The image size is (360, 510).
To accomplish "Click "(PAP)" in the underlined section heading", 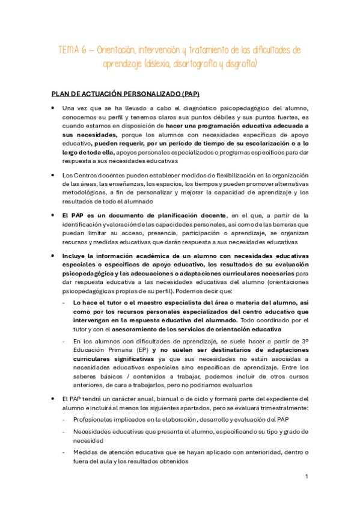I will [x=188, y=94].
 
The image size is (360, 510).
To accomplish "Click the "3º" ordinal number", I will [x=305, y=340].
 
